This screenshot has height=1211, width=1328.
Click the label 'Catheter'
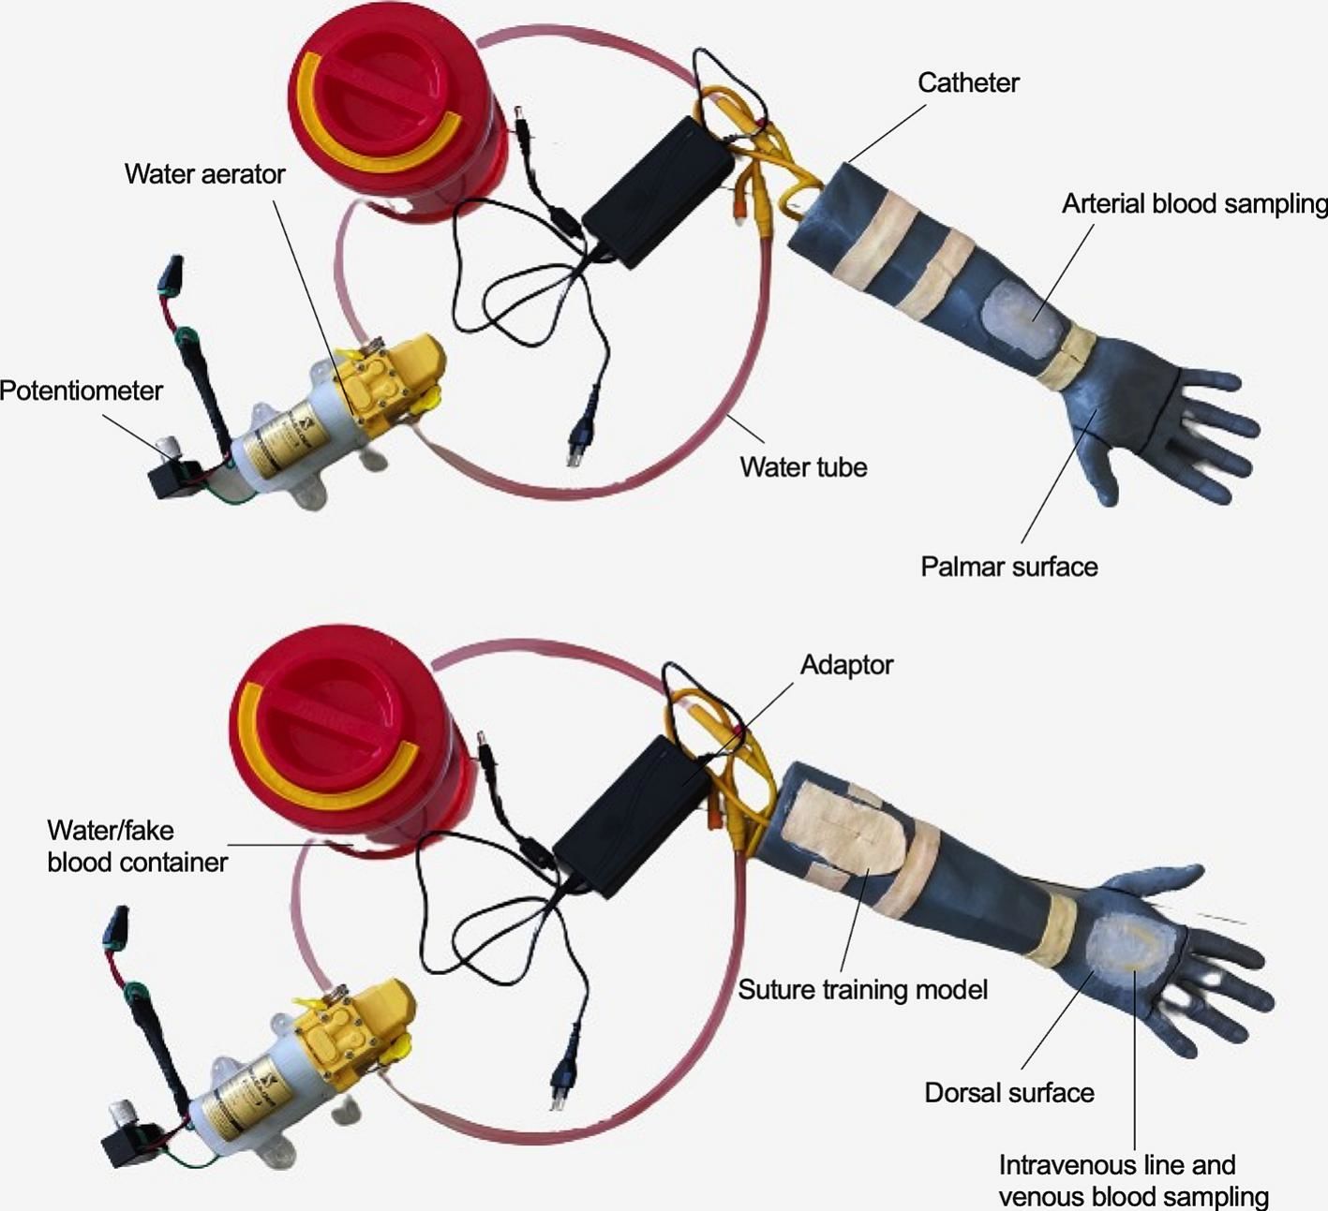pos(967,83)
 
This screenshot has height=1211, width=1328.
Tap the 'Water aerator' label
pos(204,174)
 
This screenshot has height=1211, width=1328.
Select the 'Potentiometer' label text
pos(82,391)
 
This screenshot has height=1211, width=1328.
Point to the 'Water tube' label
pos(803,466)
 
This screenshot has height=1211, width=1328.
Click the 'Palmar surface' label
pos(1008,567)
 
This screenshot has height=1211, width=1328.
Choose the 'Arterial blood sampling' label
pos(1194,204)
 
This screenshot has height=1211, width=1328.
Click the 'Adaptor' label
pos(846,665)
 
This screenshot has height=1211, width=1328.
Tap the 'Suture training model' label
pos(862,990)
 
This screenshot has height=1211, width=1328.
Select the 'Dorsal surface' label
pos(1008,1093)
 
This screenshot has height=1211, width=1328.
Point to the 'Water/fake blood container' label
pos(137,846)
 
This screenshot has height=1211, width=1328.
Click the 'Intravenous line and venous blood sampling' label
pos(1132,1181)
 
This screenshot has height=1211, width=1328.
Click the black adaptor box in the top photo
pos(658,192)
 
